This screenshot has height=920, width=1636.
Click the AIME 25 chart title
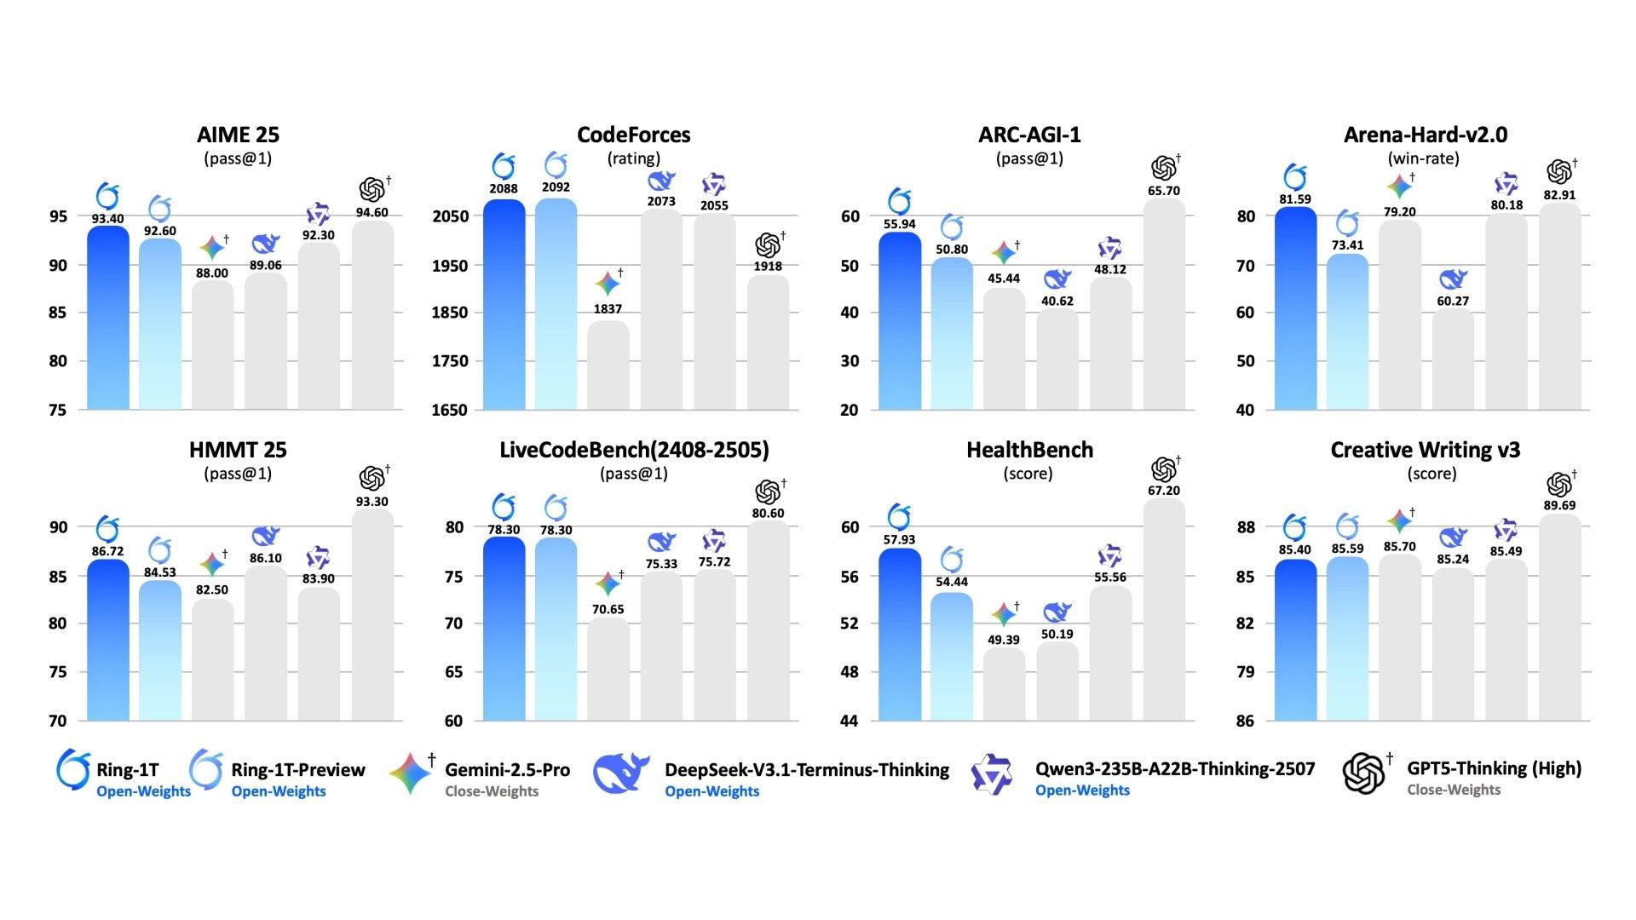click(x=238, y=135)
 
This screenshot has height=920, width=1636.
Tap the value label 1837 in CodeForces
click(x=608, y=309)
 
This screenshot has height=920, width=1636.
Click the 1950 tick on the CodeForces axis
click(x=450, y=265)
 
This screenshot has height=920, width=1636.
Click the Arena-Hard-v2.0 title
click(x=1425, y=135)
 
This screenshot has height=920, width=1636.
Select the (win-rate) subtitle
click(x=1423, y=158)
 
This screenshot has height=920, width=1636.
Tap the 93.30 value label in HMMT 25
click(x=372, y=502)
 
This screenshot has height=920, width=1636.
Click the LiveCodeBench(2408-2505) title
click(x=634, y=450)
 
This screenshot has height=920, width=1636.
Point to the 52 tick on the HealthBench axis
click(x=850, y=623)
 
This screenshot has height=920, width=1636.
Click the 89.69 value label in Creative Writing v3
click(x=1558, y=505)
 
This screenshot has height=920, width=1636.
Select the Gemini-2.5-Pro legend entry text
click(x=507, y=770)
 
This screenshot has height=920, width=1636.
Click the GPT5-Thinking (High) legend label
click(x=1494, y=768)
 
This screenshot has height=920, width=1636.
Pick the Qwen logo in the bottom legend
click(x=992, y=773)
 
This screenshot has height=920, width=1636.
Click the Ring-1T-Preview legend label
click(x=297, y=770)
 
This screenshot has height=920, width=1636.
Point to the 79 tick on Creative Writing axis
click(x=1245, y=671)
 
